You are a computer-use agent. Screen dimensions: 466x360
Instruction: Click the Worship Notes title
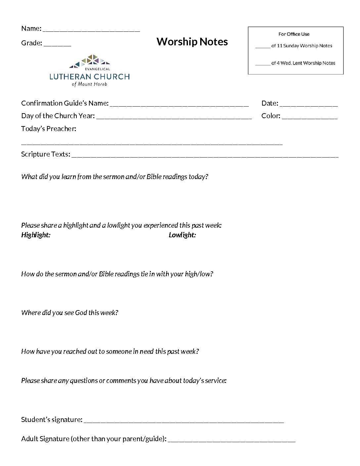point(192,42)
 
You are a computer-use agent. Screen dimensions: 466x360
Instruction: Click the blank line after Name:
point(91,30)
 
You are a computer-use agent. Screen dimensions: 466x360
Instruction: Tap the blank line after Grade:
point(57,45)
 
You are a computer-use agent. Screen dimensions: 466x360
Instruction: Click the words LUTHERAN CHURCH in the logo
point(89,77)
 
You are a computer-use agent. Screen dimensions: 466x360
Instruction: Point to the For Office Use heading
point(294,34)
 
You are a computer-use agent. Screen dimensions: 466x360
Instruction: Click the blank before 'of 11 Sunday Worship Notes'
point(263,47)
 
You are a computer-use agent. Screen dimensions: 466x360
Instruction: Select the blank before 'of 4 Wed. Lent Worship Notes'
point(263,64)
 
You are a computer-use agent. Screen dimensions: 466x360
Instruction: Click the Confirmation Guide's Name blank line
point(179,105)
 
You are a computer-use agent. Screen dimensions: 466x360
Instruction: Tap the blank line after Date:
point(308,105)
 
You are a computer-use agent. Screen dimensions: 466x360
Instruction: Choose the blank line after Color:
point(310,117)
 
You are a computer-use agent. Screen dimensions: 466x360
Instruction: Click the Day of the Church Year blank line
point(174,117)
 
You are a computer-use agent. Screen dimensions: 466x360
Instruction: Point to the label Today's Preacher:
point(49,129)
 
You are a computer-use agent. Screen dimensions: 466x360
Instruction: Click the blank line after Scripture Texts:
point(205,156)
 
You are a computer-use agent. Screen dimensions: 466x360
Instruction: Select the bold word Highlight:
point(36,235)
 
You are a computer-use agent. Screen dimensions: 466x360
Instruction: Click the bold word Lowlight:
point(182,235)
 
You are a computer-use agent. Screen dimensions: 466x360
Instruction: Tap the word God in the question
point(81,313)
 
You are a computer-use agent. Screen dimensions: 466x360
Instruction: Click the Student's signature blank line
point(184,421)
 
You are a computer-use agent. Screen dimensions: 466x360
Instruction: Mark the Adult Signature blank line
point(232,441)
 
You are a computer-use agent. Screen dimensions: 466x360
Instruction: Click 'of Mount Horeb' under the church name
point(89,84)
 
